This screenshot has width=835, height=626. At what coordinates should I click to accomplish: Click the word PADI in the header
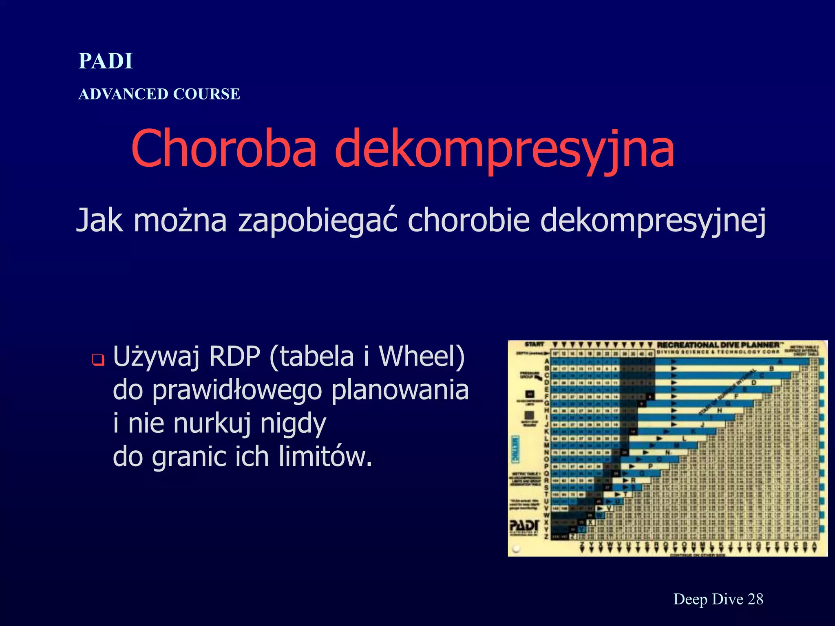(106, 61)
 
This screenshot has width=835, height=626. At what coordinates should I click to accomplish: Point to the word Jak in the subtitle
(99, 220)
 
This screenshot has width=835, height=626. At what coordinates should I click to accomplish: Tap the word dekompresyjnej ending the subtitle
(653, 220)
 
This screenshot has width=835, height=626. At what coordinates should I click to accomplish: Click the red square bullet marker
(98, 360)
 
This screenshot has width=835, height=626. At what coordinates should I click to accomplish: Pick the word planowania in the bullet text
(400, 390)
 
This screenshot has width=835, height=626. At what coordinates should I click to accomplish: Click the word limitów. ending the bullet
(325, 457)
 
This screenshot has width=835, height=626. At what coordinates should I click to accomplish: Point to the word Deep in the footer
(690, 599)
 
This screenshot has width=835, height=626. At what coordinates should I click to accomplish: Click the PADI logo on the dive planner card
(524, 526)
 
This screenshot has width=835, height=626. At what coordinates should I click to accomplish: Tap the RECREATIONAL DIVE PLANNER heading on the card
(718, 345)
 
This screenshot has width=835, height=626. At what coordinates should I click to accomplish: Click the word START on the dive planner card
(535, 344)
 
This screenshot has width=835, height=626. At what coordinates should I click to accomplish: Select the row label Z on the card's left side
(546, 537)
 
